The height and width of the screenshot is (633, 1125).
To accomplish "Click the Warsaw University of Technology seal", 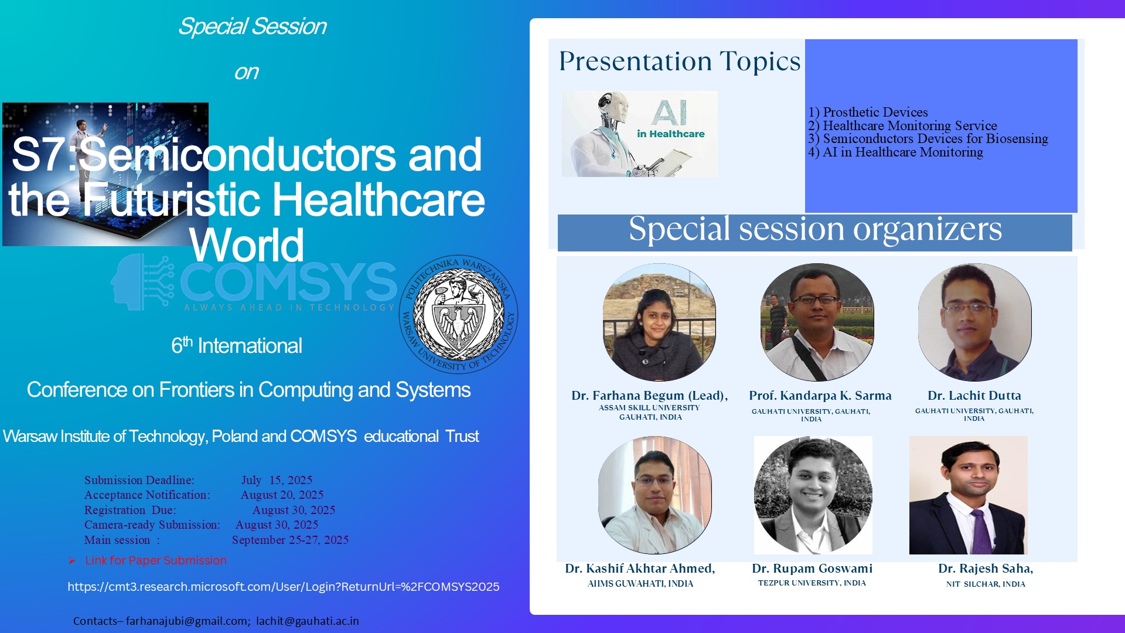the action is [458, 314].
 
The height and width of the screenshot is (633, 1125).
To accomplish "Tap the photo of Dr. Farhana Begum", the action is [659, 322].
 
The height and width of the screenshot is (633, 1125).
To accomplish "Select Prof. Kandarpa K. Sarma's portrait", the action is [817, 322].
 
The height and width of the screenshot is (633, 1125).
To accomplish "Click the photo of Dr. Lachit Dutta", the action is [974, 322].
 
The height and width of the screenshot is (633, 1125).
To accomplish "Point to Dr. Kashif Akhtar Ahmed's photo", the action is [654, 495].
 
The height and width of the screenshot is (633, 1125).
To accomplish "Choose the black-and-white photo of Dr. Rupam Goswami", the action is [813, 495].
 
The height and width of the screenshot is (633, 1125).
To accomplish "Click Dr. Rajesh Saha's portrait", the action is [968, 495].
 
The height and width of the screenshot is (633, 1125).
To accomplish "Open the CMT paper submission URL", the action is [284, 587].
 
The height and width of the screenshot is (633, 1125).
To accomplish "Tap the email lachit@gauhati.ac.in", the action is [308, 621].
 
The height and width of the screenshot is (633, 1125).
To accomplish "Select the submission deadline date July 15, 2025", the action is [277, 480].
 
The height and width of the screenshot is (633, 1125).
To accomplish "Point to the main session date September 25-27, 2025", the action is [290, 540].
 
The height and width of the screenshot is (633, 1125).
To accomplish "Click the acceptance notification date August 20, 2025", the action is [282, 495].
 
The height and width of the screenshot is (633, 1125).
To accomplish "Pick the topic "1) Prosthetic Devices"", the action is [868, 112].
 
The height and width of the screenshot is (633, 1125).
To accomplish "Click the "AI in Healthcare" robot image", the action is [640, 134].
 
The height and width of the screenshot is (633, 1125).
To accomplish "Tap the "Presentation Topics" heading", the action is [680, 61].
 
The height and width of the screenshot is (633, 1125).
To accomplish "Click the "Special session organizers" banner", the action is [815, 232].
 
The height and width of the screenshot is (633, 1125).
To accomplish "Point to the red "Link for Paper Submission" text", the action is [156, 560].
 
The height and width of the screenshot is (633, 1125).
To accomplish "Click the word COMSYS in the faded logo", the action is [289, 282].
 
